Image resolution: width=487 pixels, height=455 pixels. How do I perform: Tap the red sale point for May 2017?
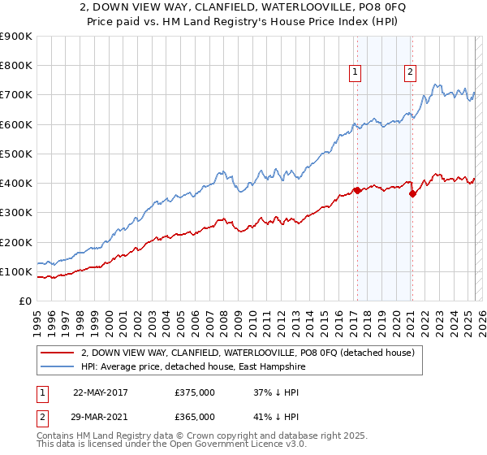356,191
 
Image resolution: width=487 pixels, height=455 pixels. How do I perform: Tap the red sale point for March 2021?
412,193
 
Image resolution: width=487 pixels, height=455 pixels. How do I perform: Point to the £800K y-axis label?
15,66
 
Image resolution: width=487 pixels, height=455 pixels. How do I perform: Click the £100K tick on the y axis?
15,271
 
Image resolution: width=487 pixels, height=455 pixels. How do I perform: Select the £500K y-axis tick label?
15,154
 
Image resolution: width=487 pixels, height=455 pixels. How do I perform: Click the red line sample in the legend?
57,353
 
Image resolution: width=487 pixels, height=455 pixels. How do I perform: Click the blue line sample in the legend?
57,367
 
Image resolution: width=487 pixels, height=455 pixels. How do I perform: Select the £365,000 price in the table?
195,416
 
